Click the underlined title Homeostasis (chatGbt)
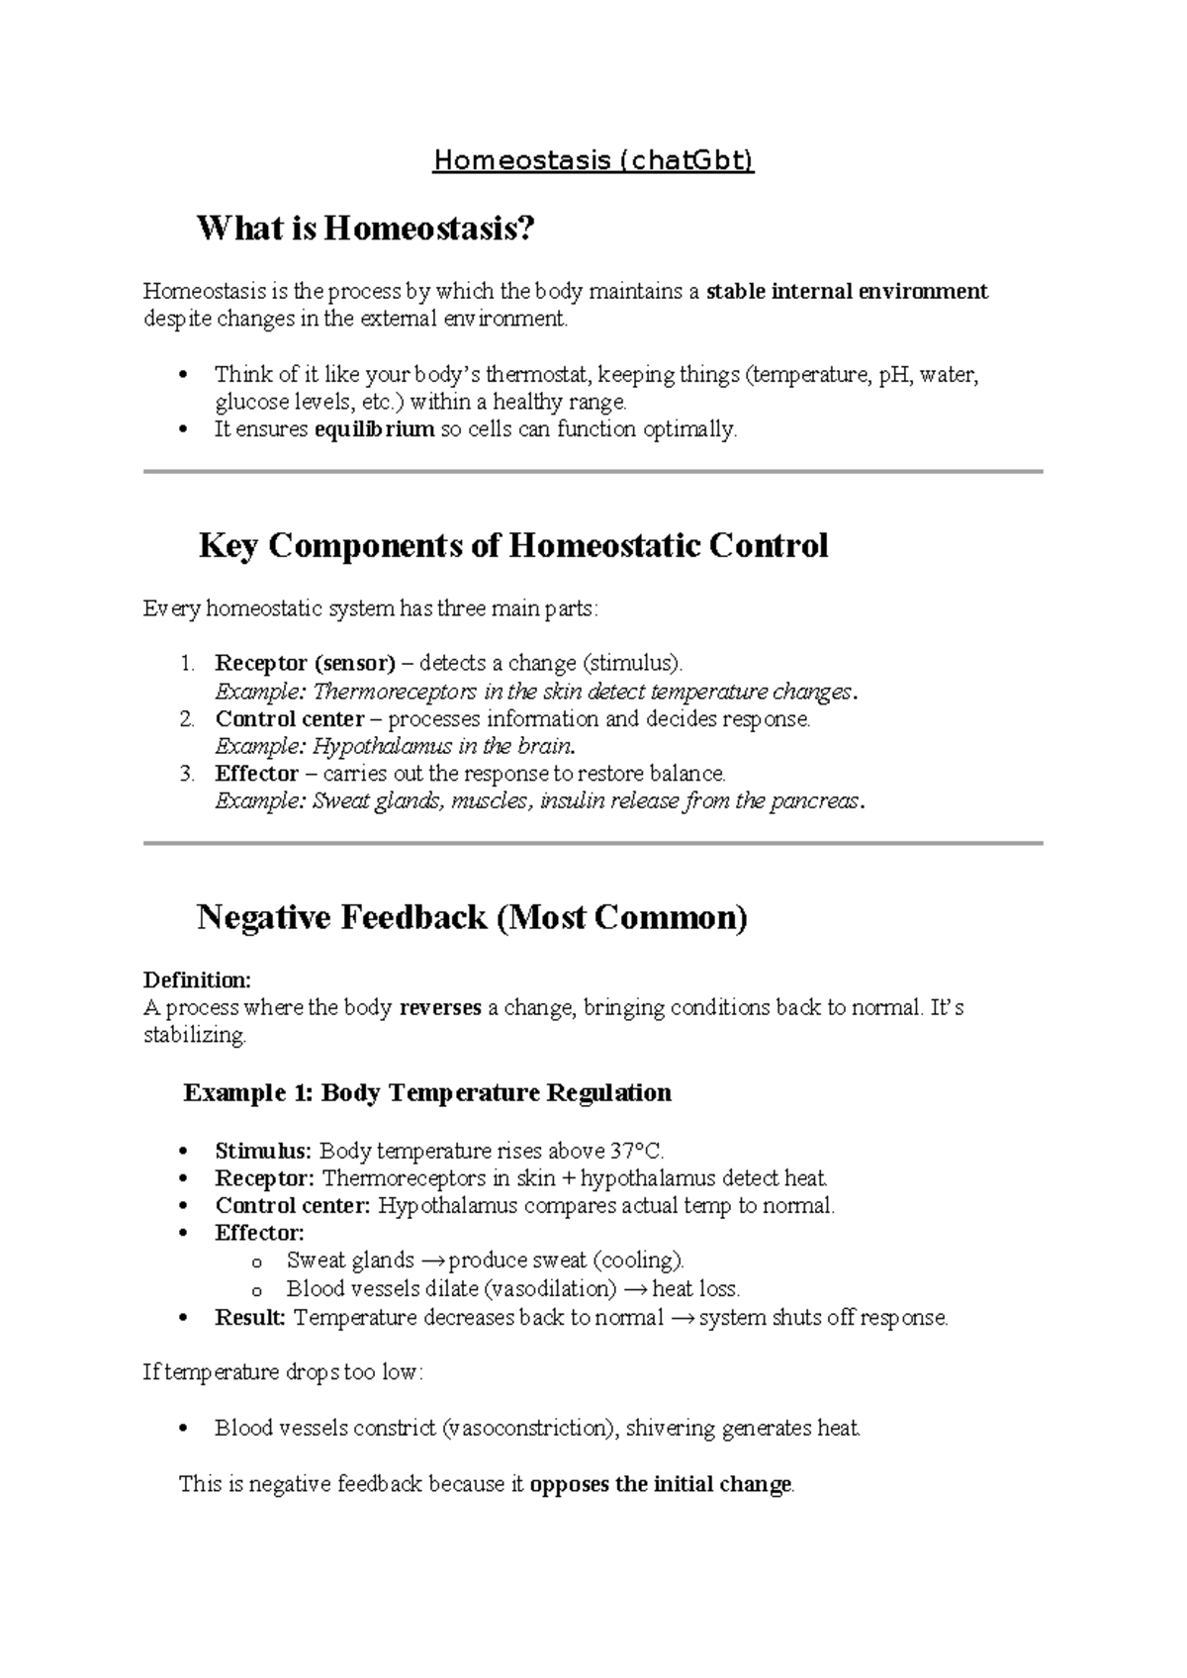593,161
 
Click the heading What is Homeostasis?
366,230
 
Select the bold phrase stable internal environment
847,291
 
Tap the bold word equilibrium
374,429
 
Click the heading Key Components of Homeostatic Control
512,546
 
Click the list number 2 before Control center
187,718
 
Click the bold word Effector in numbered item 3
256,773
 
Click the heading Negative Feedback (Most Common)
472,918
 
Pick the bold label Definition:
197,979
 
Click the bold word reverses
439,1007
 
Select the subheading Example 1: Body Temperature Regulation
427,1093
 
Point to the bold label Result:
250,1317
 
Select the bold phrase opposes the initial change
661,1484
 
